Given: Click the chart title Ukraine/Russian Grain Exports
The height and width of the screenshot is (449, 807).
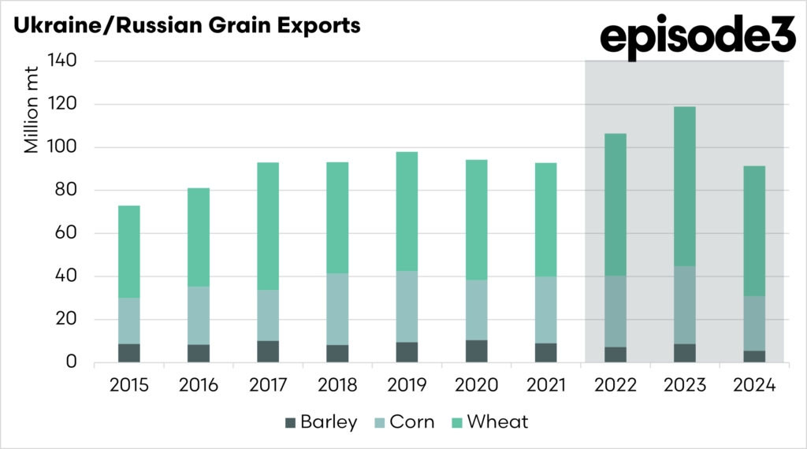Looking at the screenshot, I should [186, 25].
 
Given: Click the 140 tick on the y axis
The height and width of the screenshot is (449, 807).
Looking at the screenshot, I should [62, 61].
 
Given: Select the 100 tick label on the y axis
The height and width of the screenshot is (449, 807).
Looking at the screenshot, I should [62, 147].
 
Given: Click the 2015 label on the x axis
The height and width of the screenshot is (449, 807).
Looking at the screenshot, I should [128, 387].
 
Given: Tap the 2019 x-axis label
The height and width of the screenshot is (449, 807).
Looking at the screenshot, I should [407, 387].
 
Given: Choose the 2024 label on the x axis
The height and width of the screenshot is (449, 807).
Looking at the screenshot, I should [753, 387].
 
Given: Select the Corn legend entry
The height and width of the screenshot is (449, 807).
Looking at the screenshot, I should [405, 421].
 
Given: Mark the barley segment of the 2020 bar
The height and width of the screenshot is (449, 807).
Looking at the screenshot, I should [476, 351].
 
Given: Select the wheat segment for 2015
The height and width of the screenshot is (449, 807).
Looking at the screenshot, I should [129, 252].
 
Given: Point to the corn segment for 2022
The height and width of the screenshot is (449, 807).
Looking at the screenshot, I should [615, 311].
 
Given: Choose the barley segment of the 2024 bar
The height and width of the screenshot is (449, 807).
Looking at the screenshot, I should [753, 356].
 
